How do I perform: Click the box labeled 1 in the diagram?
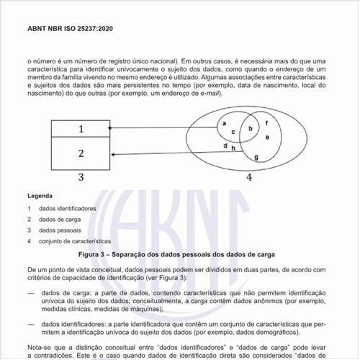tap(81, 129)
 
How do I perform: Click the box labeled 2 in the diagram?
tap(81, 153)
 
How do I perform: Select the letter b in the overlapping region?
tap(250, 129)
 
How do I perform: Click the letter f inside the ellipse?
tap(267, 123)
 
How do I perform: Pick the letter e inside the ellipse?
tap(267, 137)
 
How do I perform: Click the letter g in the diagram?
tap(256, 157)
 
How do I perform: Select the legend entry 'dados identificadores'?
tap(67, 209)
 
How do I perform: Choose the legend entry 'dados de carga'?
tap(59, 220)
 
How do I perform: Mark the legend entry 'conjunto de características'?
tap(75, 241)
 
